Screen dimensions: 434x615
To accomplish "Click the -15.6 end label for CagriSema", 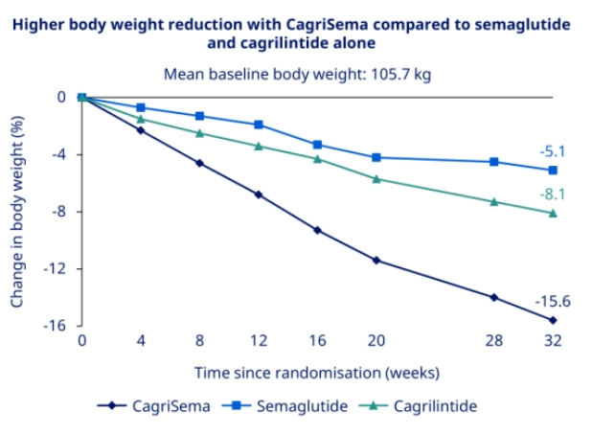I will [539, 300].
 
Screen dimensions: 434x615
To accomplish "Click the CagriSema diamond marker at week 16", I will [317, 230].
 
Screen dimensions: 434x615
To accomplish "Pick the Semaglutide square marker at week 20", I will [376, 157].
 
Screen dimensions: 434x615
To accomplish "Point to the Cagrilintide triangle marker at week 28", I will [494, 201].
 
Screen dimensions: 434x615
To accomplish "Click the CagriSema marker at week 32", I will [553, 320].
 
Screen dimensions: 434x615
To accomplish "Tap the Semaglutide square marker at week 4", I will [141, 107].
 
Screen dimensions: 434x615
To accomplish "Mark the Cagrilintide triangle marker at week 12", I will [259, 146].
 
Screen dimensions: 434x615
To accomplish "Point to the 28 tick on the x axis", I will [494, 341].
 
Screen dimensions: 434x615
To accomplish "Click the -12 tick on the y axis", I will [55, 268].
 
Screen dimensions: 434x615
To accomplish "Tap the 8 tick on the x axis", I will [199, 341].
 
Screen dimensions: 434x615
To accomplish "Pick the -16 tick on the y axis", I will [55, 326].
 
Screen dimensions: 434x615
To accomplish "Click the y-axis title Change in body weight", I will [17, 210].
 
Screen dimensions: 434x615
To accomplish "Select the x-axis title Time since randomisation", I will [316, 372].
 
